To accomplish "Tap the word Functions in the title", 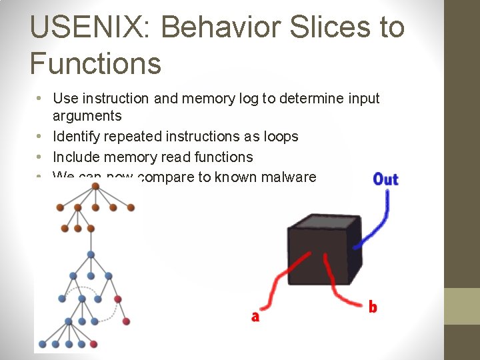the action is pyautogui.click(x=95, y=63).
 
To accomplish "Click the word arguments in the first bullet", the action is pyautogui.click(x=87, y=116).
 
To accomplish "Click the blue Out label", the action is pyautogui.click(x=385, y=179).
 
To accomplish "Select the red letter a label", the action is pyautogui.click(x=255, y=317).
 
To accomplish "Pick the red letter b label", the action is pyautogui.click(x=373, y=307).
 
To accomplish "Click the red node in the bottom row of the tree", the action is pyautogui.click(x=93, y=344).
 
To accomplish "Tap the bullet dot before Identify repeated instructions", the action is pyautogui.click(x=40, y=137).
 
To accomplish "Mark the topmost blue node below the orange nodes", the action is pyautogui.click(x=91, y=254).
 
